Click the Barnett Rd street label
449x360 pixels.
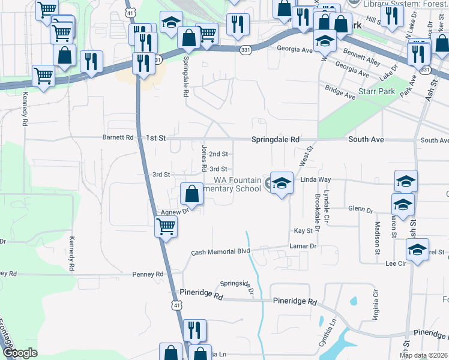tap(118, 137)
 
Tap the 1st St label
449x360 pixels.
tap(155, 138)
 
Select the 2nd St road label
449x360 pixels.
tap(218, 154)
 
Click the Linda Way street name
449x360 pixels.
tap(316, 179)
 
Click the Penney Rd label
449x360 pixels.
tap(148, 274)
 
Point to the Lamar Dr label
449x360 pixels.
tap(303, 246)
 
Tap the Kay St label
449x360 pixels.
tap(303, 230)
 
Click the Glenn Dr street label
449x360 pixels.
tap(360, 210)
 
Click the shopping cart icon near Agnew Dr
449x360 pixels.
tap(166, 227)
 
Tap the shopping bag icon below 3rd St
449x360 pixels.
tap(191, 194)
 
